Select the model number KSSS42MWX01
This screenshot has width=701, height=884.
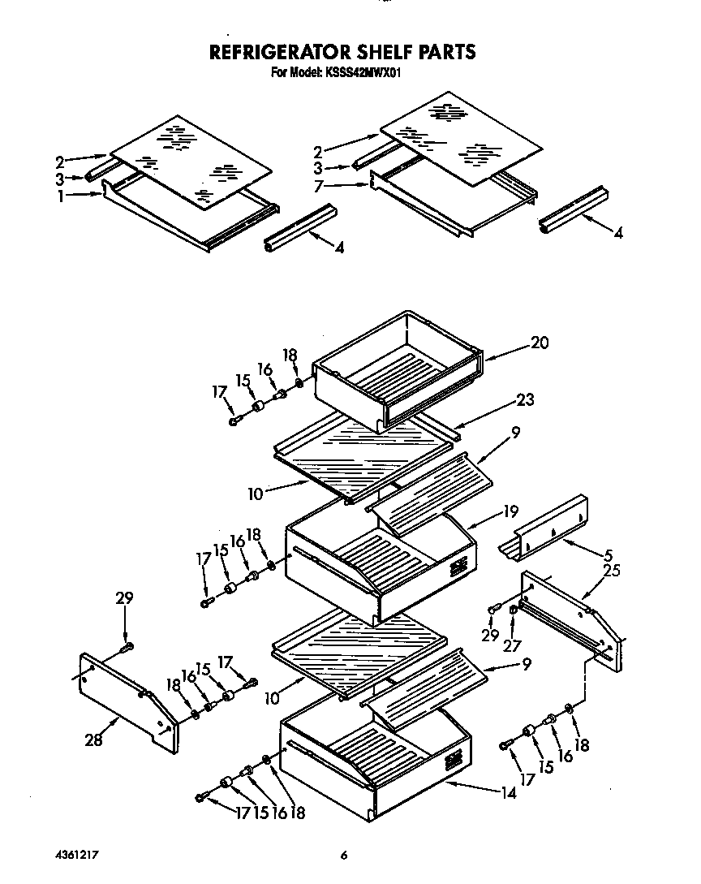pos(362,72)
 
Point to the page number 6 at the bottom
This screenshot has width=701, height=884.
pos(344,855)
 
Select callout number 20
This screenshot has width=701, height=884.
pos(540,343)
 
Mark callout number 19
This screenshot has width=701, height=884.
pos(510,512)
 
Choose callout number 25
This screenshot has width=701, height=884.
pos(612,571)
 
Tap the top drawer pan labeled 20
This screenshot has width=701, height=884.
pos(398,369)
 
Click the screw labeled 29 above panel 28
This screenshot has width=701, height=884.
pos(127,647)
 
